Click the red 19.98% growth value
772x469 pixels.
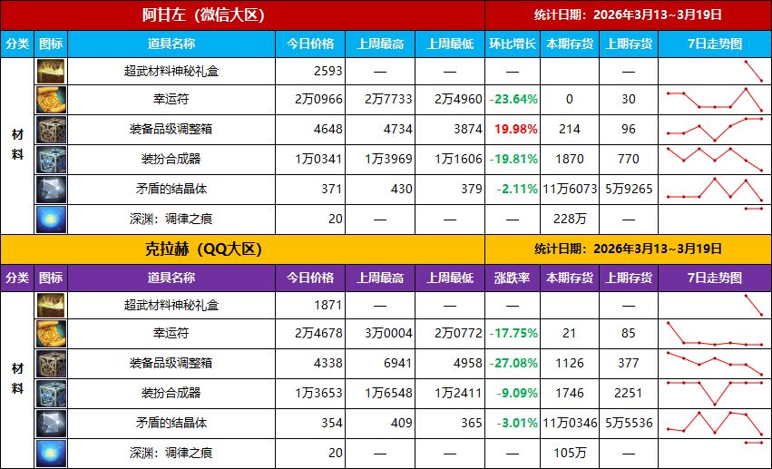pos(513,130)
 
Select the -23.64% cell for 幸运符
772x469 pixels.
pos(513,100)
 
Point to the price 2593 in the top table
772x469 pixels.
pos(327,70)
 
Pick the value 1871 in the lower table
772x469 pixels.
pos(327,304)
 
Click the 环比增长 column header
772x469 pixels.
pos(513,44)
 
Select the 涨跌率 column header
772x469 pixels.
pos(513,278)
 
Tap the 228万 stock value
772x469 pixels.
pos(570,219)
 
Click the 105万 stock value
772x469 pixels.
pos(570,453)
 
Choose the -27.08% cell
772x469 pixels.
pos(513,364)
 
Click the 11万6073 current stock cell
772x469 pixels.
pos(570,189)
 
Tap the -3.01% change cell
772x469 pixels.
pos(513,423)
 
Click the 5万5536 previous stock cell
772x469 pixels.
pos(629,423)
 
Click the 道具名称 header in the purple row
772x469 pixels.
pos(171,278)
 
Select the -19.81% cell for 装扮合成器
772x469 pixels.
pos(513,160)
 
